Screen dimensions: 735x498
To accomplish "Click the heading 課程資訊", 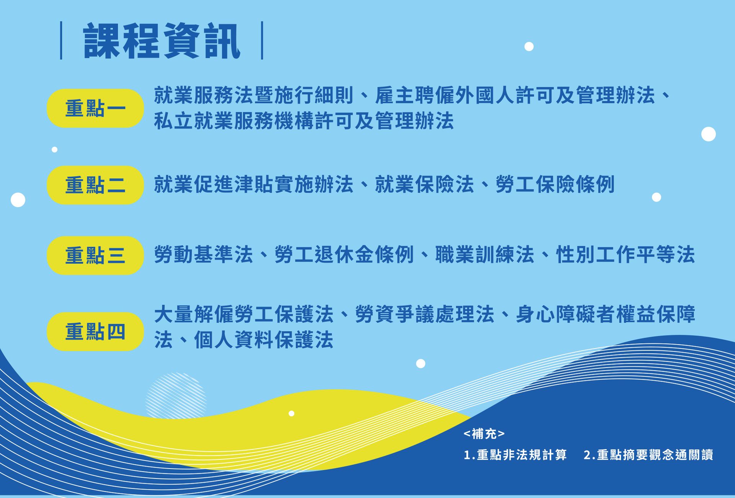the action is tap(162, 41).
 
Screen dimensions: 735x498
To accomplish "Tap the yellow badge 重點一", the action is tap(95, 108).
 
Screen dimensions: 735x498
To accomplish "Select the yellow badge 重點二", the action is tap(95, 185).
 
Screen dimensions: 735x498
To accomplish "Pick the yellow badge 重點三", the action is tap(95, 256).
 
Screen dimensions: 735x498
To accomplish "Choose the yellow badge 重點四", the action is tap(95, 332).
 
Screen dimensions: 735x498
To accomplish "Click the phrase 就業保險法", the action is tap(425, 184).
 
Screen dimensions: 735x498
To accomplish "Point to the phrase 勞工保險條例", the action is tap(555, 184).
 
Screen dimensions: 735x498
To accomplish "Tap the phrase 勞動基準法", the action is tap(204, 255).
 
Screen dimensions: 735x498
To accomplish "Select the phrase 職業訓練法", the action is tap(485, 255).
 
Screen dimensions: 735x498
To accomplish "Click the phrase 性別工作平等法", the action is tap(625, 255).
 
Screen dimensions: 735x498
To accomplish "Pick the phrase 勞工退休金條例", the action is tap(344, 255).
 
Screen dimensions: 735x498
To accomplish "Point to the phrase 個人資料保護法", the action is tap(264, 340).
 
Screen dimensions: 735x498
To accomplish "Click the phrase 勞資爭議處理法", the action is tap(425, 314).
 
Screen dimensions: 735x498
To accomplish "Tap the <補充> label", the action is tap(484, 434).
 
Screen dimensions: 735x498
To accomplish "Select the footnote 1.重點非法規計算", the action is tap(515, 455).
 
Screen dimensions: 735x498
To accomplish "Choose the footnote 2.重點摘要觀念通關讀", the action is tap(648, 455).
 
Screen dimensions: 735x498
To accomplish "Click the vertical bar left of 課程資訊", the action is tap(61, 41).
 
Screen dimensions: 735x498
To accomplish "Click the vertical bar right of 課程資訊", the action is tap(262, 41).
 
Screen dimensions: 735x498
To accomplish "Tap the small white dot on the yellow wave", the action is tap(291, 413).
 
